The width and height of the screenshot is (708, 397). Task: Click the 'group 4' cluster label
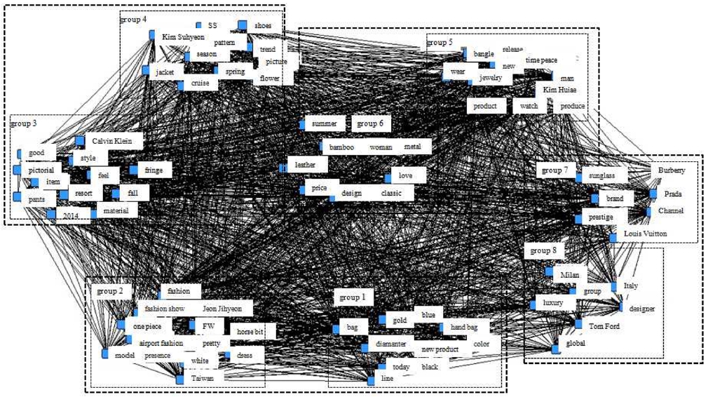[133, 19]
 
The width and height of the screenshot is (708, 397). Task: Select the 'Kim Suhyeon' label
[183, 36]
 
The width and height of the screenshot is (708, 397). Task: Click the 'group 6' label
[370, 123]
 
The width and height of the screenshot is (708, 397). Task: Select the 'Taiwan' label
[207, 377]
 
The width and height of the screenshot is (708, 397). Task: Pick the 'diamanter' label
[390, 344]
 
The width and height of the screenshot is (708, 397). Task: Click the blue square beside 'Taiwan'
[179, 379]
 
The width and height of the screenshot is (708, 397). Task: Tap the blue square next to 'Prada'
[653, 194]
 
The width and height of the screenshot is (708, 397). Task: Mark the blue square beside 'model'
[105, 354]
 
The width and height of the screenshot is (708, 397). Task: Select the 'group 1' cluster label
[352, 297]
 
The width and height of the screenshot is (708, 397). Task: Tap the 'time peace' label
[541, 60]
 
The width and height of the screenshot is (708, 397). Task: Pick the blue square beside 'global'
[556, 349]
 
